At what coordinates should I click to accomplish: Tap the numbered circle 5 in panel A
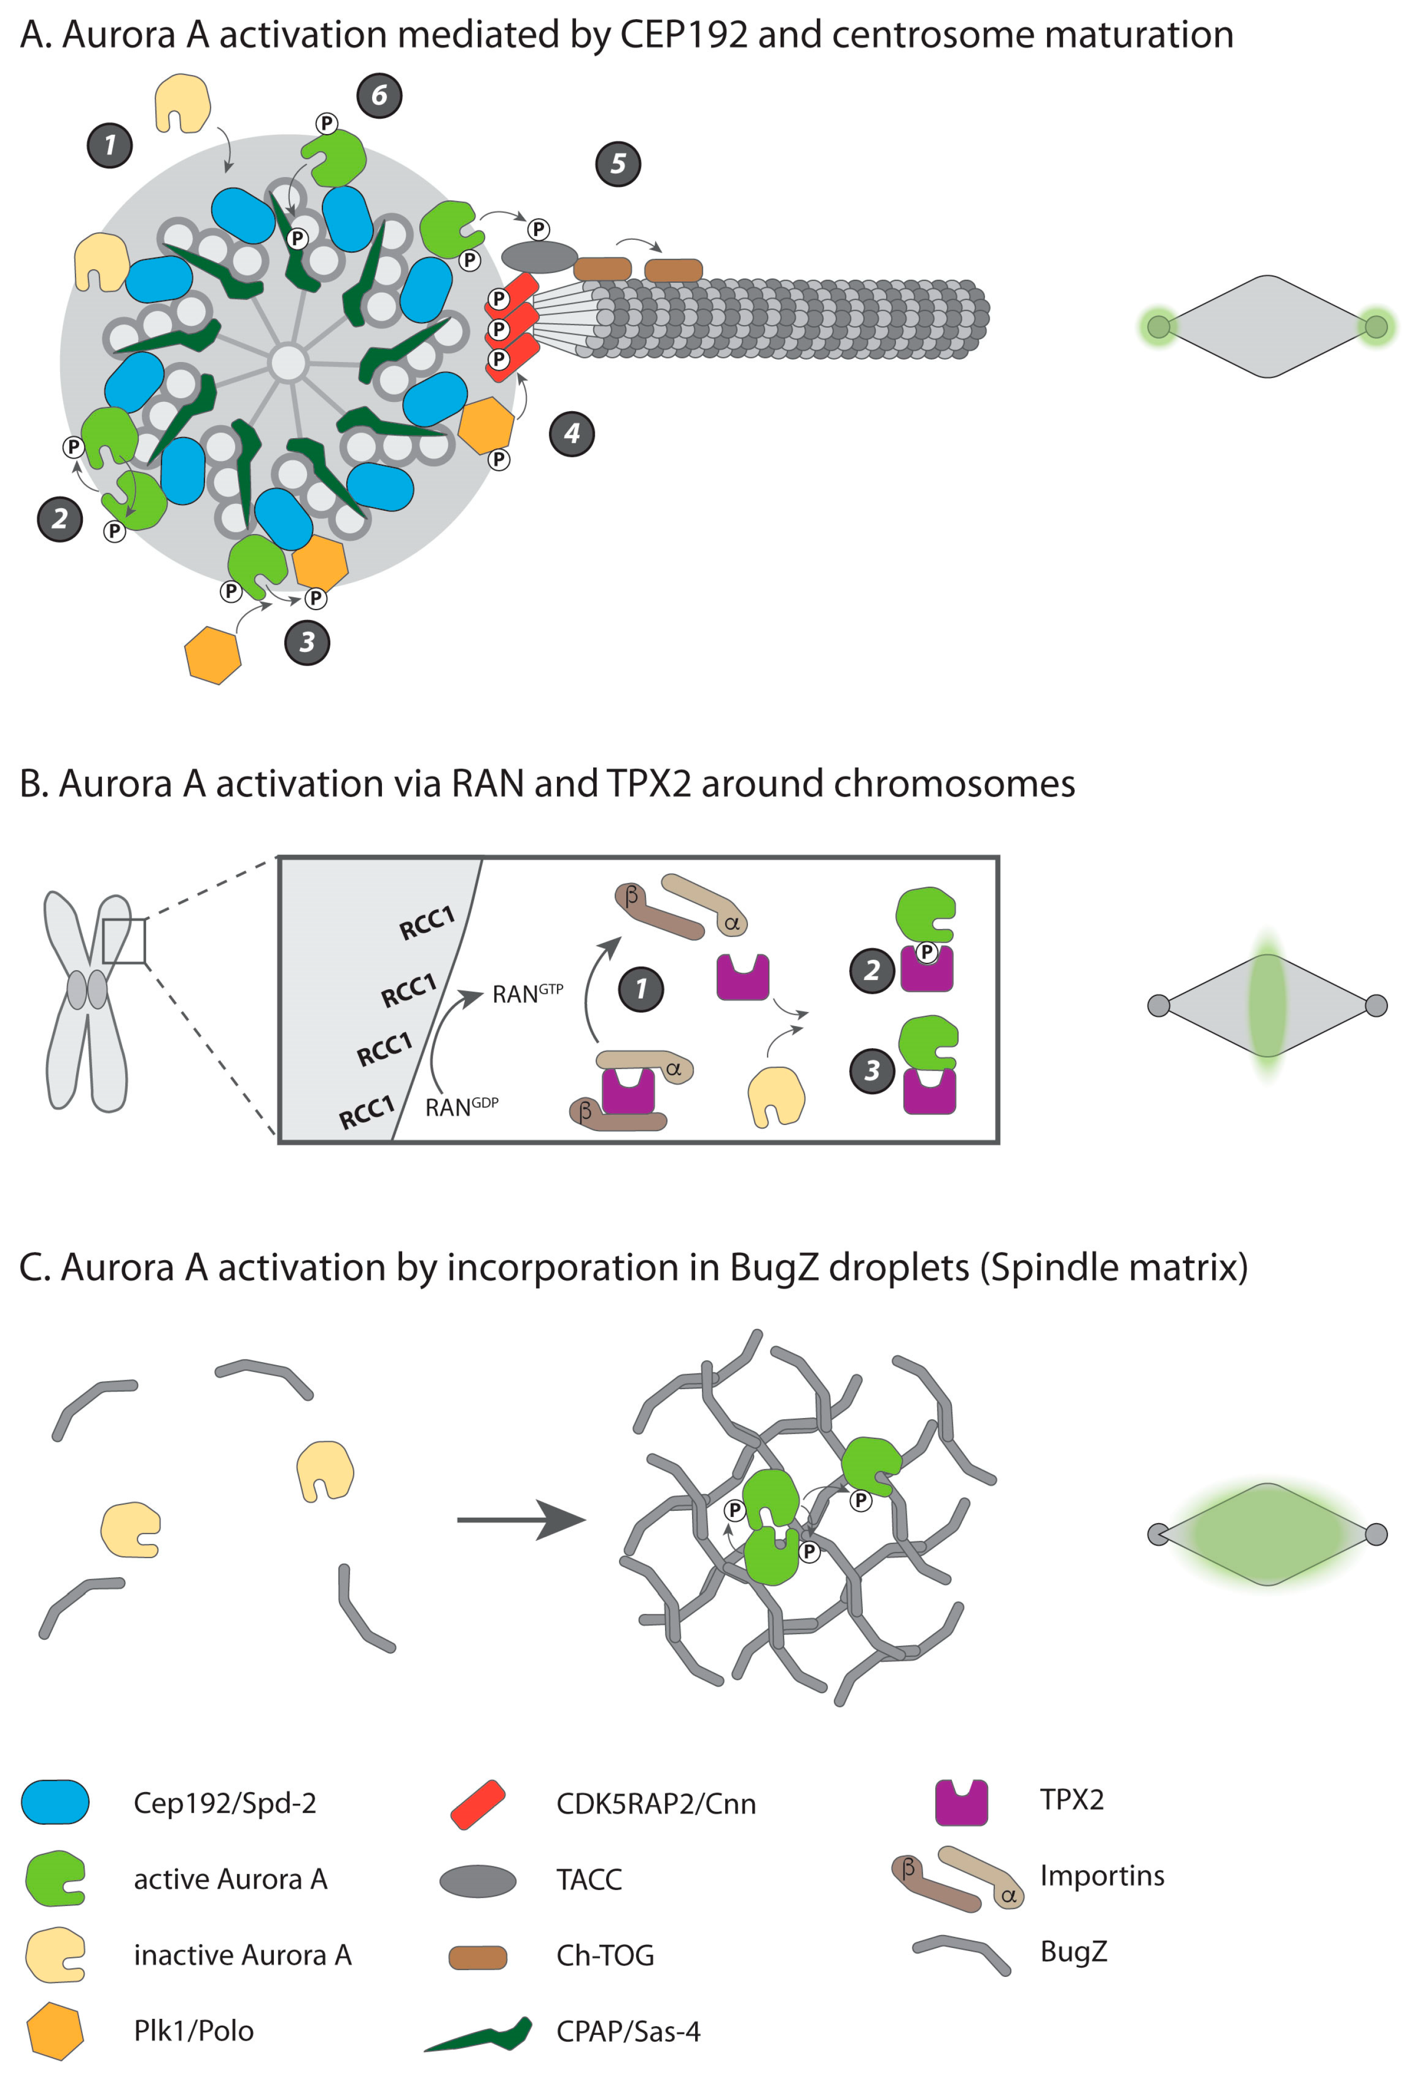(618, 164)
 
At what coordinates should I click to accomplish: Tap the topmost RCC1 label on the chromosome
(427, 923)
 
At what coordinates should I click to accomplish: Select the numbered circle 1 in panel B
(641, 989)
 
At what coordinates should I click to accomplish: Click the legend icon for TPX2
(961, 1802)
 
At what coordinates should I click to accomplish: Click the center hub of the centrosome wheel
(288, 364)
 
